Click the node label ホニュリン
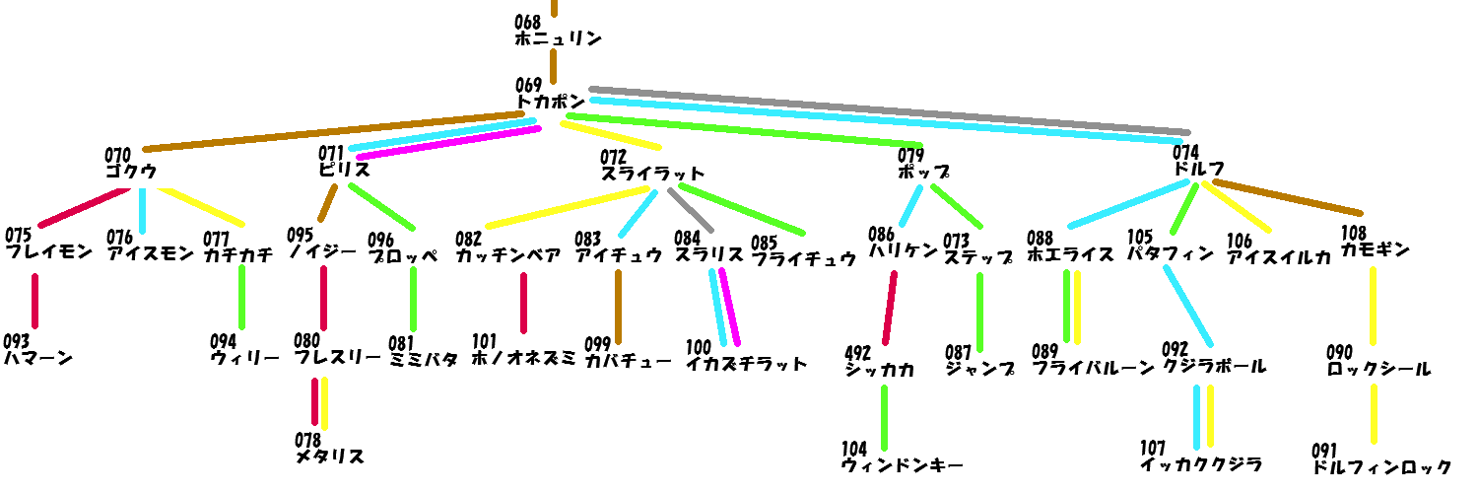[558, 39]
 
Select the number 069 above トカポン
[528, 86]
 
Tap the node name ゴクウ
[131, 171]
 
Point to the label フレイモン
[49, 251]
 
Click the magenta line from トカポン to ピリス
[448, 142]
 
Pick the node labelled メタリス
[330, 457]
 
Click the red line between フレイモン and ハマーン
[35, 301]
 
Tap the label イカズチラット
[747, 364]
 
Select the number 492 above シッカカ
[859, 353]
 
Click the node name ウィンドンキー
[902, 465]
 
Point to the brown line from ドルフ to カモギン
[1286, 197]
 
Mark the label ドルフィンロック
[1382, 467]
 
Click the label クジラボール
[1214, 367]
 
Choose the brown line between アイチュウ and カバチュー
[619, 306]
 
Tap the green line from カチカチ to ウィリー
[241, 297]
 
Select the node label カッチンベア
[508, 256]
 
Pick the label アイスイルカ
[1279, 257]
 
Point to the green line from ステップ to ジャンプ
[979, 311]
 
